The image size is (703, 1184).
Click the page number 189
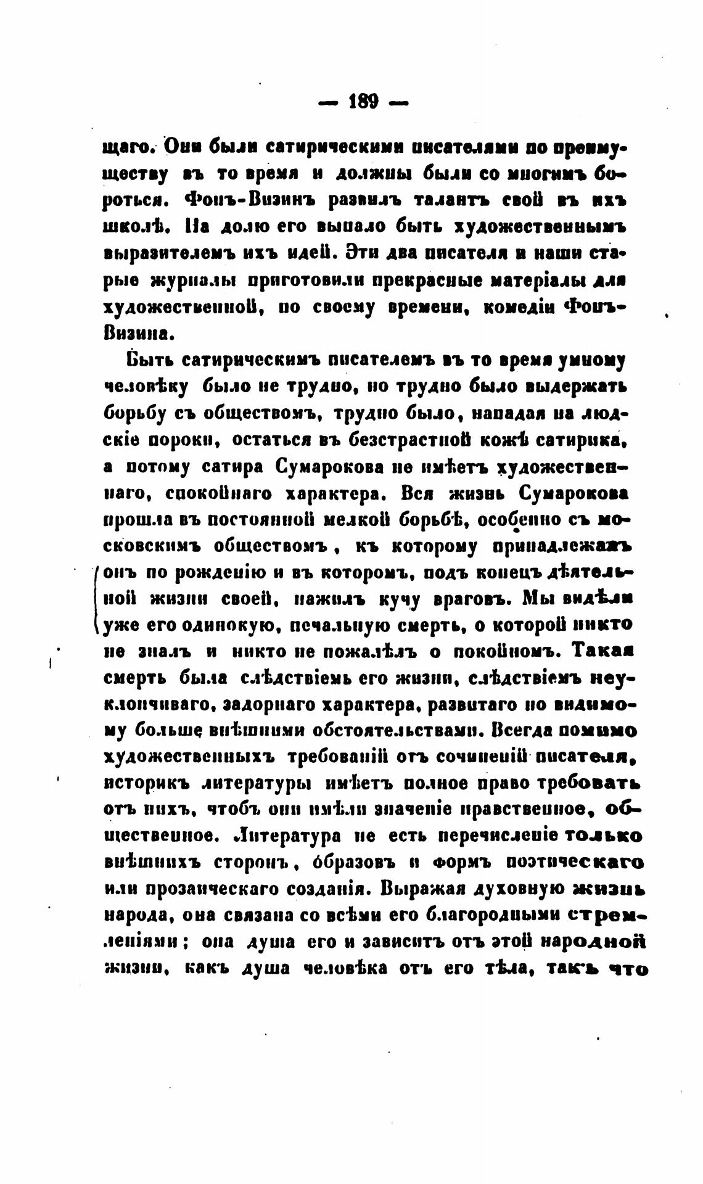pyautogui.click(x=363, y=101)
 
